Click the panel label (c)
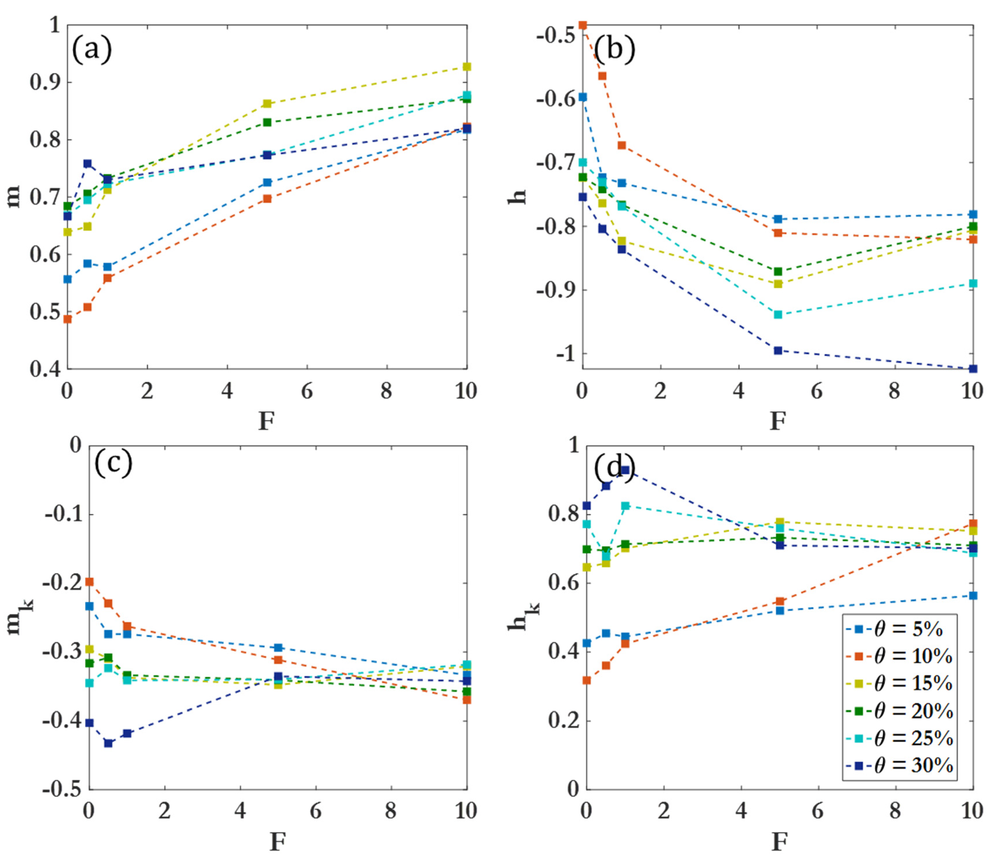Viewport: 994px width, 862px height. (x=113, y=462)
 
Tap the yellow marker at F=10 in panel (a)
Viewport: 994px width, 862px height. (x=466, y=66)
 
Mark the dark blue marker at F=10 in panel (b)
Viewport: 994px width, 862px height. (x=972, y=369)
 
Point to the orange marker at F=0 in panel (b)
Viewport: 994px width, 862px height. (x=583, y=25)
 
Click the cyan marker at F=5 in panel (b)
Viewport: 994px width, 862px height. (x=778, y=315)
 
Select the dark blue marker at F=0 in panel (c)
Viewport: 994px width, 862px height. (x=89, y=722)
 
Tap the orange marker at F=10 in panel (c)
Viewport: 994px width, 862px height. (x=466, y=700)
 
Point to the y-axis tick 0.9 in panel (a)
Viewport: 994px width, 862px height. (x=45, y=82)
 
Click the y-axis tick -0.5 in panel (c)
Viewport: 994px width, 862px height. (x=62, y=790)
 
